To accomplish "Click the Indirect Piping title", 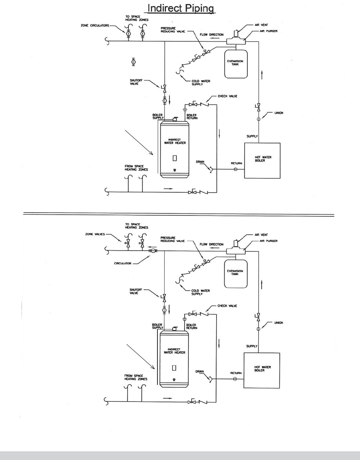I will (180, 8).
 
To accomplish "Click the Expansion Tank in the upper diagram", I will (235, 63).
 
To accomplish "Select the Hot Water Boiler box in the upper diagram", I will (262, 160).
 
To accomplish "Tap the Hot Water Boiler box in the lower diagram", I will (262, 370).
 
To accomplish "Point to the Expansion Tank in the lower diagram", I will (235, 272).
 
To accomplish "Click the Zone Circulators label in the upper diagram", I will (95, 26).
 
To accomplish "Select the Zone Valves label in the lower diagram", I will (95, 234).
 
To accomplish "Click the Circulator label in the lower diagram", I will (123, 263).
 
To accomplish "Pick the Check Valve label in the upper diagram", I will (227, 96).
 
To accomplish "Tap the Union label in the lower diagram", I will (279, 323).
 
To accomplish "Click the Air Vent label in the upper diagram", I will (261, 25).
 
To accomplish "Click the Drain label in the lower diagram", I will (199, 371).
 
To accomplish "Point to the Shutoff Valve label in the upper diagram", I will (134, 82).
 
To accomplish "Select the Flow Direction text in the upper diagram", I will (212, 35).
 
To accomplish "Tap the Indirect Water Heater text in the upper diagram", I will (175, 141).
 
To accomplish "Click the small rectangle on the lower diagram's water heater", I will (174, 367).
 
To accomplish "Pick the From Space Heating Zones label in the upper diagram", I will (136, 168).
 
